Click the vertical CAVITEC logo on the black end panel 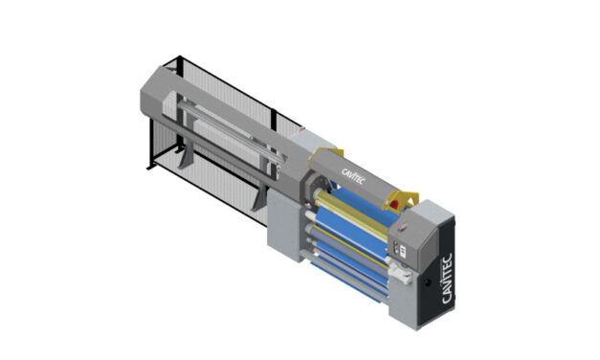[x=447, y=279]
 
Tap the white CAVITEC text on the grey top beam [x=353, y=176]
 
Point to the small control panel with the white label [x=400, y=248]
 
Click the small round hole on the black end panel [x=428, y=282]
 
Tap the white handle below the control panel [x=400, y=272]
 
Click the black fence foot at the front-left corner [x=150, y=166]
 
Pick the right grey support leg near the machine [x=258, y=196]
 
